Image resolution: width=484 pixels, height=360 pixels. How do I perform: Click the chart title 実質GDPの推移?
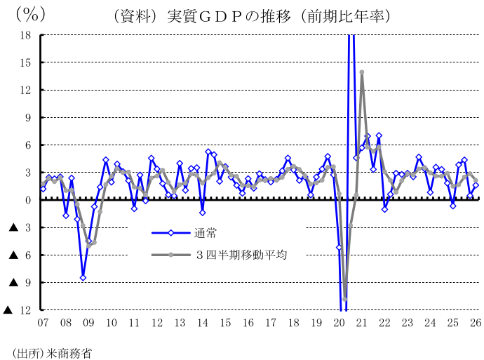[x=229, y=16]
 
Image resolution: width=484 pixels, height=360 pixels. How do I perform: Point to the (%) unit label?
[x=31, y=14]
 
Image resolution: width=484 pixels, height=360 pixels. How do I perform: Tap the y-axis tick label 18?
[x=26, y=35]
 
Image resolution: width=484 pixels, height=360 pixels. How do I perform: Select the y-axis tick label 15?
[x=26, y=62]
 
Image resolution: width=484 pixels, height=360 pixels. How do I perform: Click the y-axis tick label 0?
[x=28, y=200]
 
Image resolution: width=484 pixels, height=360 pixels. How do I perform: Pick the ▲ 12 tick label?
[x=17, y=309]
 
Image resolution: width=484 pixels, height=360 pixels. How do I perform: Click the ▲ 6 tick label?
[x=20, y=255]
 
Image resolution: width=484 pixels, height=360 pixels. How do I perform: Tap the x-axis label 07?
[x=43, y=323]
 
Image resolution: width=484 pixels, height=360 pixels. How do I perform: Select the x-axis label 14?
[x=203, y=323]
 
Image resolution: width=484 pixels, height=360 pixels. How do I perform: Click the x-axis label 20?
[x=340, y=323]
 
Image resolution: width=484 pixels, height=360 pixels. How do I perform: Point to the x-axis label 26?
[x=476, y=323]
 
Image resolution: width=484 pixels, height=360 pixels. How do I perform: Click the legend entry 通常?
[x=205, y=233]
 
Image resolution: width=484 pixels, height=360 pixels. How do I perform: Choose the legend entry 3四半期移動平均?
[x=242, y=255]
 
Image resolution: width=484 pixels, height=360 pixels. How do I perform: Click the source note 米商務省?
[x=69, y=353]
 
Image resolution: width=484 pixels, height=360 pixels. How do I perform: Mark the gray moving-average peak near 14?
[x=362, y=72]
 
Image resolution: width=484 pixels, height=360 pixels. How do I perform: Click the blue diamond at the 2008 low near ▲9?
[x=83, y=278]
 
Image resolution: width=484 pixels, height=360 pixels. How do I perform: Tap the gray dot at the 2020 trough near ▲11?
[x=345, y=299]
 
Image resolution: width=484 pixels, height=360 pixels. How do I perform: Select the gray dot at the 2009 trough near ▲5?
[x=88, y=246]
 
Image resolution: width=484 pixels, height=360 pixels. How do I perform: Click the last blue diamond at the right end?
[x=476, y=185]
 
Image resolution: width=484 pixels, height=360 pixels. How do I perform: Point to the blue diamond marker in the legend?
[x=170, y=233]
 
